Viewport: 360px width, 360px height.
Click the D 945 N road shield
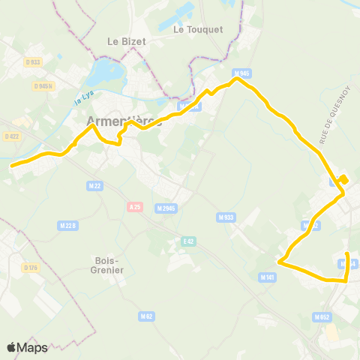point(43,86)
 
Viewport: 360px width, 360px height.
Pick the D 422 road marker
point(11,136)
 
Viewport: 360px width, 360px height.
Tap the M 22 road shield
point(94,185)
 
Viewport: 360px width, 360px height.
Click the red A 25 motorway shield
point(135,207)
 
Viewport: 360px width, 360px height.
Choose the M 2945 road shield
point(166,208)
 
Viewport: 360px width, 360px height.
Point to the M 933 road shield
point(226,217)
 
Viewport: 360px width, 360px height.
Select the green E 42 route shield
point(189,241)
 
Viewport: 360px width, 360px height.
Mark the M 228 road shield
point(67,224)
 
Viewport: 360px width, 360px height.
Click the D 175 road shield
point(30,268)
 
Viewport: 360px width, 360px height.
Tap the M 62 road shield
point(146,317)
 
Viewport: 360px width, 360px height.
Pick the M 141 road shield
point(267,277)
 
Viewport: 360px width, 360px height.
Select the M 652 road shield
point(322,316)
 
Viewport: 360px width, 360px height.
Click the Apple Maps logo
point(27,347)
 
